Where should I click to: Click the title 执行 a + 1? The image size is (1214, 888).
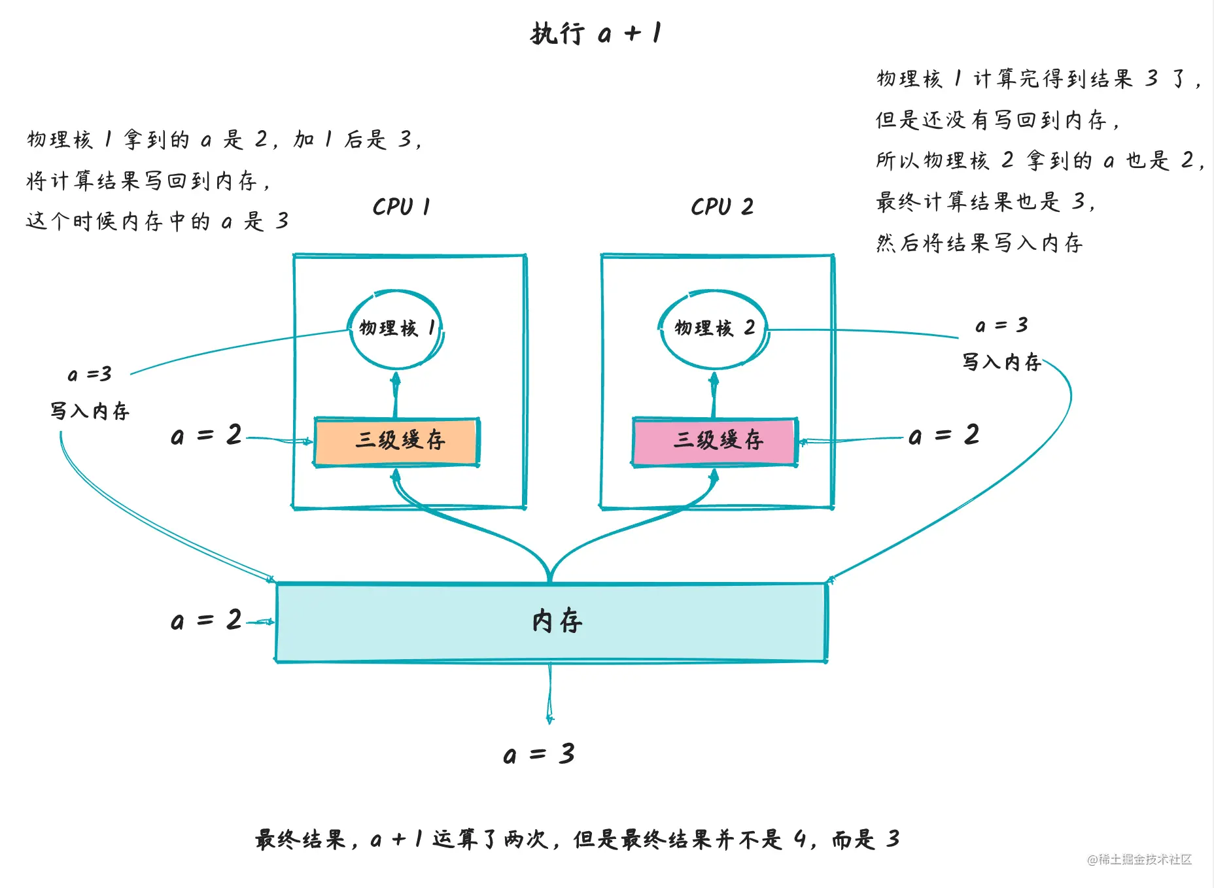click(596, 33)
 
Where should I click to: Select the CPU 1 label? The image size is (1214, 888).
click(401, 207)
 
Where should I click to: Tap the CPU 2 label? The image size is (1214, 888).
click(721, 207)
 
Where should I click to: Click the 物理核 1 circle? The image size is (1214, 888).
click(395, 328)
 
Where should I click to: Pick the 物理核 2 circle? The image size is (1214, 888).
click(713, 328)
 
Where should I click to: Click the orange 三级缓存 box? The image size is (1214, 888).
click(397, 441)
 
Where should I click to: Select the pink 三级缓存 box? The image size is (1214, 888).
click(715, 441)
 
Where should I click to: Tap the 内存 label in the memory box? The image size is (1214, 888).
click(557, 621)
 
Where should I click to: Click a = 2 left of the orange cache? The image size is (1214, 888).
click(206, 435)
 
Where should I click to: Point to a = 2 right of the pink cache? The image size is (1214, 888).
click(944, 435)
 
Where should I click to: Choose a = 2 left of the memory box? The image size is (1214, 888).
click(206, 621)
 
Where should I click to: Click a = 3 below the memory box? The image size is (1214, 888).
click(539, 755)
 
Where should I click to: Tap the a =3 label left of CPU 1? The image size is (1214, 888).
click(90, 375)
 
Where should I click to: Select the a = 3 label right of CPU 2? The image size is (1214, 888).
click(1001, 325)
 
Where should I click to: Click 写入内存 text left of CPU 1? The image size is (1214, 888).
click(90, 411)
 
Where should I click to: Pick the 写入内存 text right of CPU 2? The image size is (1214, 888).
click(1001, 362)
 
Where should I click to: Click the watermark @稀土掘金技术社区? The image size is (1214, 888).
click(1139, 859)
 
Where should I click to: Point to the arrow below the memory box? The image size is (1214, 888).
click(549, 693)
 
